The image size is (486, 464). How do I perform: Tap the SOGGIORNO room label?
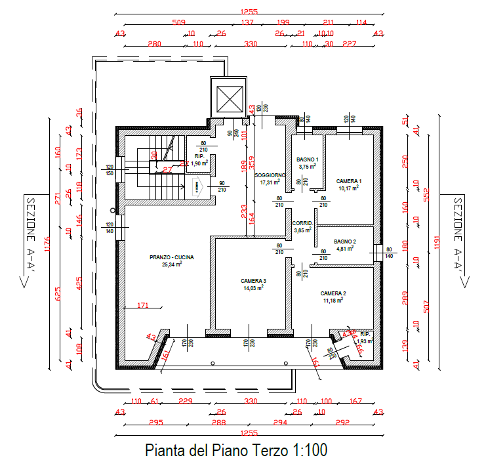coord(270,175)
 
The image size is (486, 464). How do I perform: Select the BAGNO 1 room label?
coord(307,159)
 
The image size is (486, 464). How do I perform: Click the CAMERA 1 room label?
coord(349,180)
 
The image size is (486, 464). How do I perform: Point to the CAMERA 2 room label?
coord(333,293)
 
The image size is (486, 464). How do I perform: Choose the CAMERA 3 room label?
coord(253,280)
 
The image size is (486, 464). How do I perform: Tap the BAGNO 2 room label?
coord(345,242)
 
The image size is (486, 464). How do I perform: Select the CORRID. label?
coord(302,223)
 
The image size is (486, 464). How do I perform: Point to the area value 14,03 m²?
coord(253,287)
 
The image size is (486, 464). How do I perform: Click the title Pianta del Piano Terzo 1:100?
coord(235,451)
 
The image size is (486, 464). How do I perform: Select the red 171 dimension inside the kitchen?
coord(144,306)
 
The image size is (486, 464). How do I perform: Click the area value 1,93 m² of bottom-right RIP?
coord(365,341)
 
